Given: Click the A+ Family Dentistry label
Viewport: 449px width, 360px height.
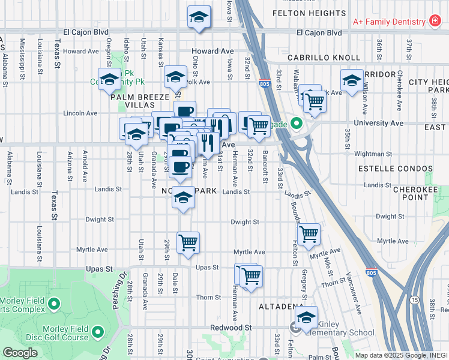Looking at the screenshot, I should click(x=388, y=22).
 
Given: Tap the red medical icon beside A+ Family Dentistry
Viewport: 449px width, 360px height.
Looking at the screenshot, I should click(x=435, y=22).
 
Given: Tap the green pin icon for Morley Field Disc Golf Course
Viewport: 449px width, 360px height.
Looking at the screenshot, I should click(x=97, y=330).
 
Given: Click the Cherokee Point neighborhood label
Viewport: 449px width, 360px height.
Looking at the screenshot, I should click(x=415, y=193).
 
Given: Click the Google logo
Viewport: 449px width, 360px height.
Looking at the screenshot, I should click(x=20, y=353).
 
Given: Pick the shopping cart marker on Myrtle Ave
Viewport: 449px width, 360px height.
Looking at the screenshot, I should click(x=188, y=243).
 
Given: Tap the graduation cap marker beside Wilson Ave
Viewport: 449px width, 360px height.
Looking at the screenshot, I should click(x=351, y=80).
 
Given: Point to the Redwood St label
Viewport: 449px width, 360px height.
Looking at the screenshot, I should click(x=231, y=328).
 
